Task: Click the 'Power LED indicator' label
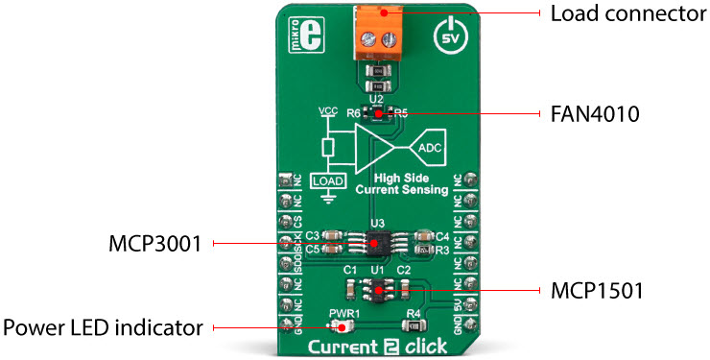[x=103, y=327]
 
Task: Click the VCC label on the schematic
[x=328, y=112]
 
